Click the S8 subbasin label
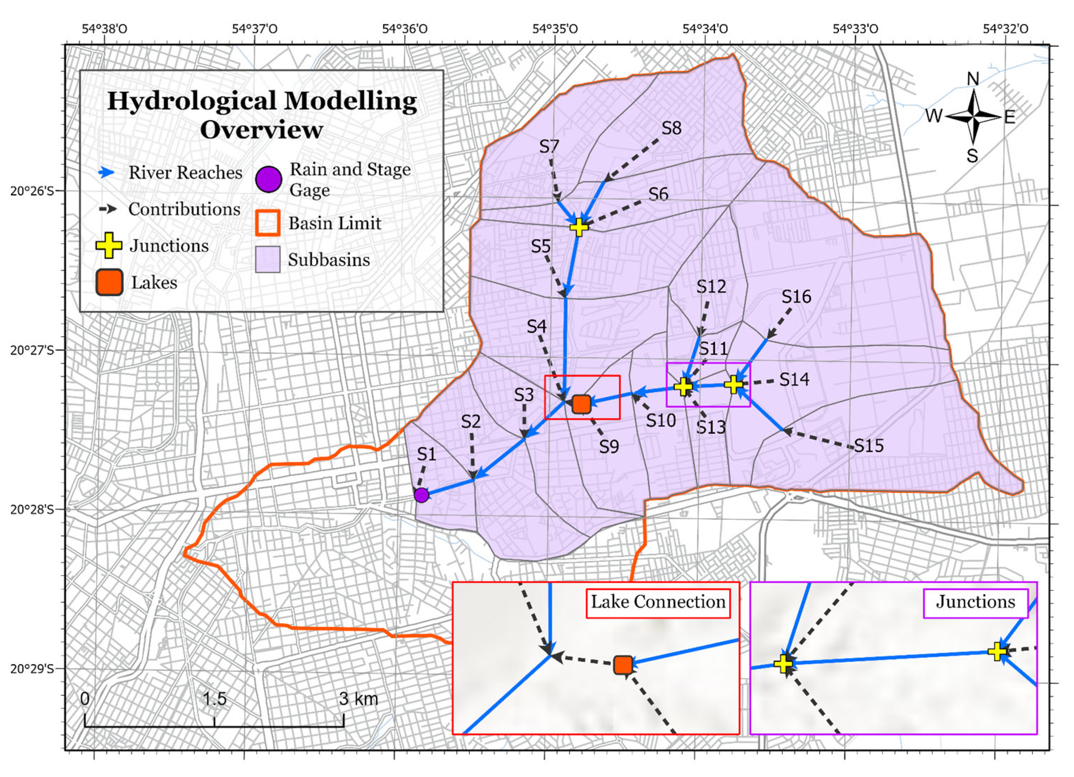tap(671, 128)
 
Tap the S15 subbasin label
tap(869, 445)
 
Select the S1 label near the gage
tap(426, 454)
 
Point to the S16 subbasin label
tap(796, 297)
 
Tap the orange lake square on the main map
tap(582, 404)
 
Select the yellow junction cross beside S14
tap(733, 384)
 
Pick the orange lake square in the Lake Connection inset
tap(623, 665)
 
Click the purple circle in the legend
tap(268, 179)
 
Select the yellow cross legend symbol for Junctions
tap(109, 245)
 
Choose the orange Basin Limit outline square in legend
tap(268, 223)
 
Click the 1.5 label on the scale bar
tap(215, 699)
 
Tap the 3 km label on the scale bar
tap(359, 699)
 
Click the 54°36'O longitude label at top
tap(404, 29)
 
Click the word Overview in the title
tap(261, 129)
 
